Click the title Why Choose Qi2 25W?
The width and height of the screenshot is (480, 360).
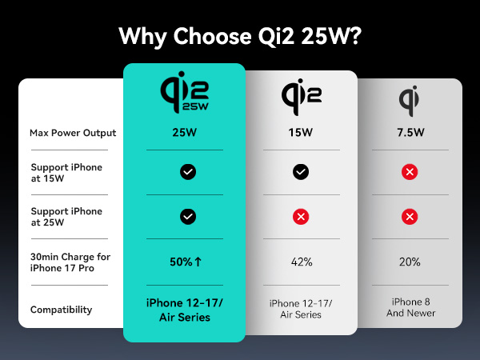(x=239, y=36)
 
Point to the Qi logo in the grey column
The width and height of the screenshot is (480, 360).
(x=409, y=98)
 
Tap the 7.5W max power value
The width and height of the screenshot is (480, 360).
(x=409, y=133)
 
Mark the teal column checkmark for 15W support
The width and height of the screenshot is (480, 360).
(x=188, y=172)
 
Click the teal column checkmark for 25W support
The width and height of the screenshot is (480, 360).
(x=188, y=217)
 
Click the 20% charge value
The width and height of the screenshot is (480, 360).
(x=409, y=261)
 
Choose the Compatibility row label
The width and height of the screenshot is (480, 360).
(x=61, y=310)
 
